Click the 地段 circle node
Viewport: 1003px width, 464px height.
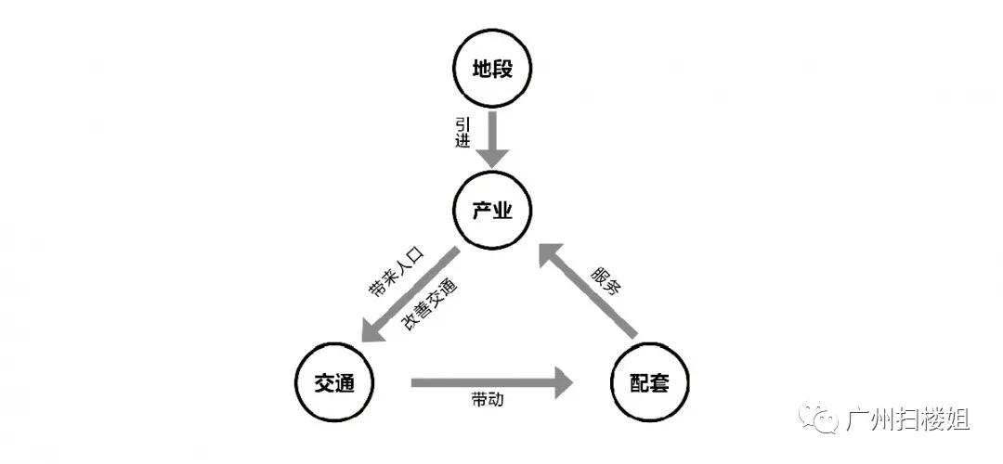(x=492, y=70)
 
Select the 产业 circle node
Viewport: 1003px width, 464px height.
(x=492, y=212)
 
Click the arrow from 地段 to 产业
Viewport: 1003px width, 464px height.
(x=492, y=137)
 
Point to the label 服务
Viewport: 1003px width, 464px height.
(x=606, y=279)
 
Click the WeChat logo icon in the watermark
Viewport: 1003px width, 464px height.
(x=821, y=419)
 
